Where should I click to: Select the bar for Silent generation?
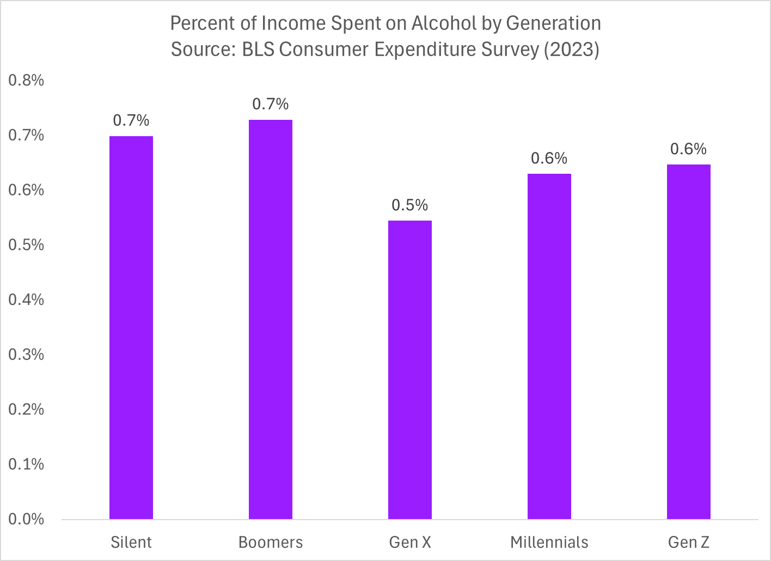(131, 327)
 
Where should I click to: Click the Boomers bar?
(271, 319)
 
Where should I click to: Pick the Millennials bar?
(549, 346)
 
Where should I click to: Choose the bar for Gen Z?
(689, 342)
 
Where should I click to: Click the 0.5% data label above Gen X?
(410, 205)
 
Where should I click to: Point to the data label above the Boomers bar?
(271, 104)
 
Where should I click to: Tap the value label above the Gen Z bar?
(689, 149)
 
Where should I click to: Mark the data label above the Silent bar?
(131, 120)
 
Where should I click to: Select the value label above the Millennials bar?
(549, 158)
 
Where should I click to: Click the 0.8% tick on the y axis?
(26, 81)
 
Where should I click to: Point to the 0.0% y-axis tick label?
(26, 519)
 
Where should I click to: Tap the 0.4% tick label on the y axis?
(26, 300)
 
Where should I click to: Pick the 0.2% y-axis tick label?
(26, 410)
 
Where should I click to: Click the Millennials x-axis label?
(549, 542)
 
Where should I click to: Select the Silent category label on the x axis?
(131, 542)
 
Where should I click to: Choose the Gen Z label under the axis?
(689, 542)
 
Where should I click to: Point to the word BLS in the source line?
(258, 50)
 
